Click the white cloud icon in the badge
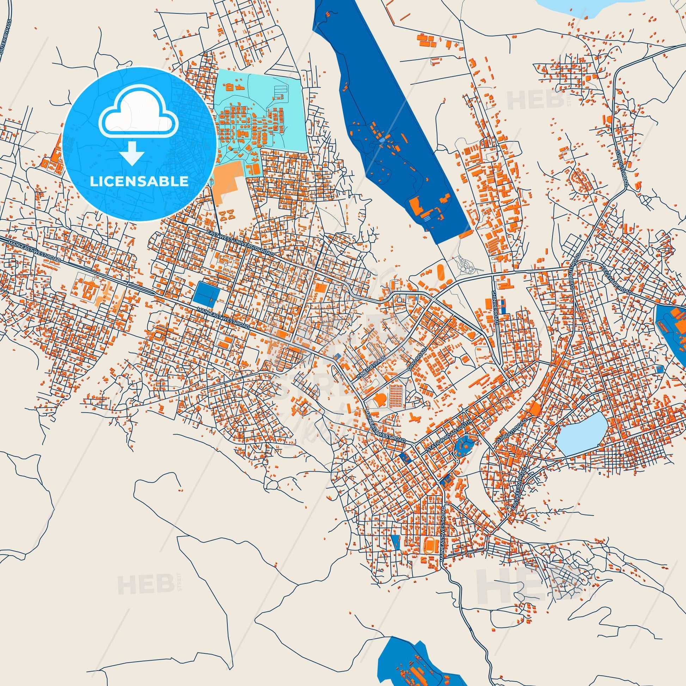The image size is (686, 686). tap(139, 117)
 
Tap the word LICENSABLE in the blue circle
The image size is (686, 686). tap(139, 182)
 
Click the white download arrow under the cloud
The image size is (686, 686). tap(132, 153)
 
